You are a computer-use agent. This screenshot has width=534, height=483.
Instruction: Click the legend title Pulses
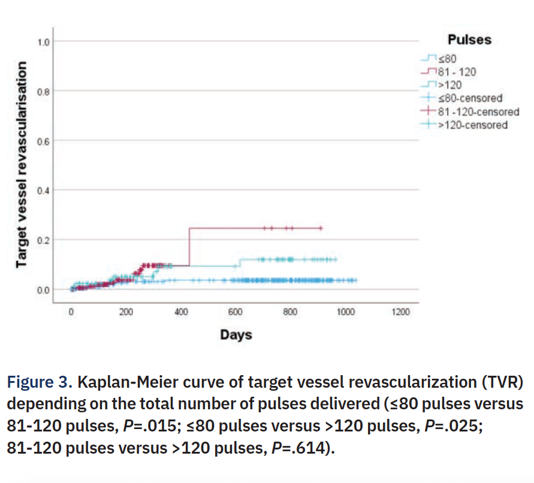469,40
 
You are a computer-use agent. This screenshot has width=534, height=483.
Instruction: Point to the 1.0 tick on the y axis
43,41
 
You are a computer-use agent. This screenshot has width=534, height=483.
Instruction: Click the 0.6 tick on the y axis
43,141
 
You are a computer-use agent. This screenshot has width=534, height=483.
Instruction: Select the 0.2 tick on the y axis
43,240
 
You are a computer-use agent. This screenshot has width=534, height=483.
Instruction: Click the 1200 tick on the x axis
400,312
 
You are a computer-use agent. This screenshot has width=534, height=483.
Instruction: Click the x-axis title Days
236,334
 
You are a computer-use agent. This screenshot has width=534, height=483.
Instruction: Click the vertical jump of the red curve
189,246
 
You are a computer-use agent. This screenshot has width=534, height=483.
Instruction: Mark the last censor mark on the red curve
321,228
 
